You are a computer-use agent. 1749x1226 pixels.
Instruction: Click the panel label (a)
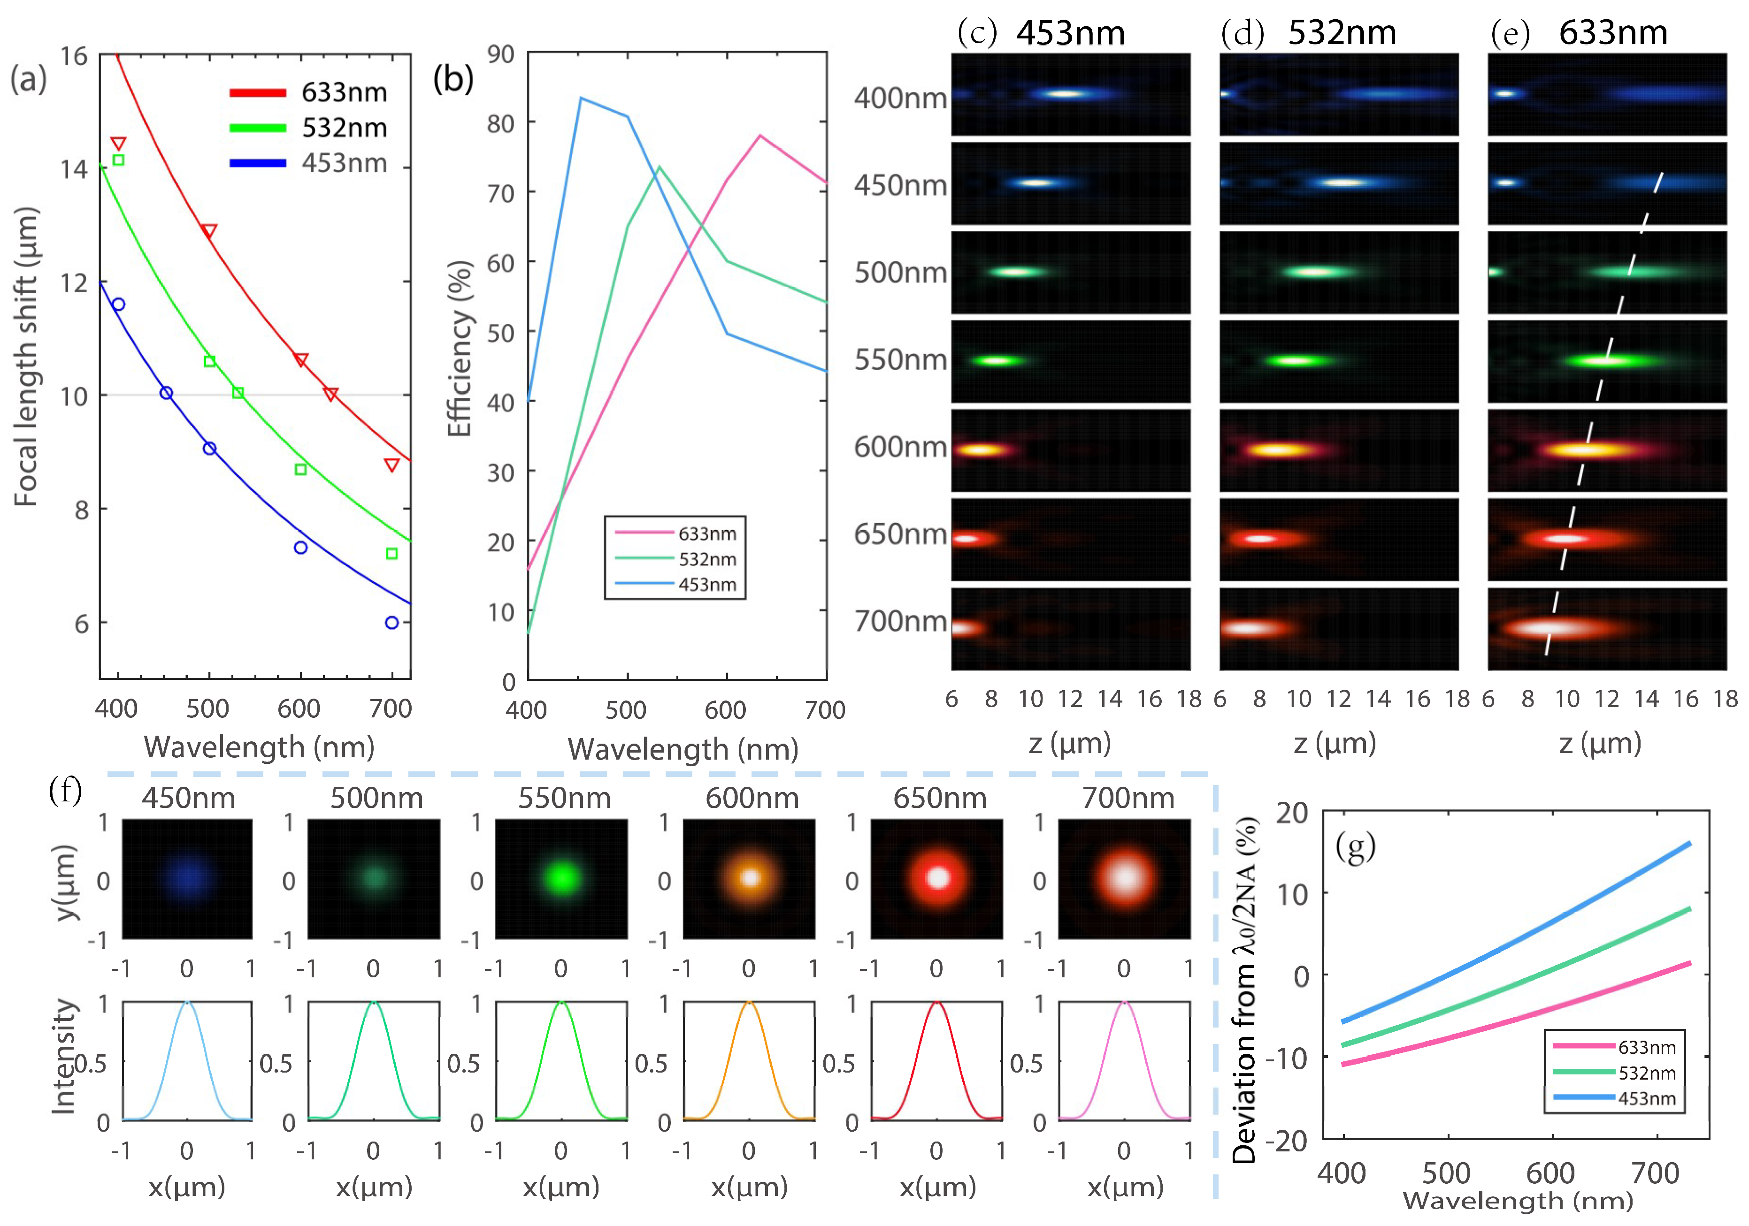point(28,78)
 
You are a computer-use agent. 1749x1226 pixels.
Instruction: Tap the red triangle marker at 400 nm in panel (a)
point(118,143)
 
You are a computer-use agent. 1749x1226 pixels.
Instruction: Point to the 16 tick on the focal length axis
point(74,55)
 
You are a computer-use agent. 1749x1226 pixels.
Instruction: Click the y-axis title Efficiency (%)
point(460,348)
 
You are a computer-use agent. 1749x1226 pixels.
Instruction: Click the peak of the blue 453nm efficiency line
point(581,98)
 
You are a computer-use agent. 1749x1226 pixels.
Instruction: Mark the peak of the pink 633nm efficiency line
point(759,136)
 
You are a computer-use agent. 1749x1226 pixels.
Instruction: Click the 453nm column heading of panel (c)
point(1070,33)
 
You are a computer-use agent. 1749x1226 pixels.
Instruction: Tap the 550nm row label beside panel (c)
point(900,359)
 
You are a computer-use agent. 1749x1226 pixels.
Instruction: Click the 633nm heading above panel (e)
point(1613,33)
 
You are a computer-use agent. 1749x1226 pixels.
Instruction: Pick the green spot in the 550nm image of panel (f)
point(561,877)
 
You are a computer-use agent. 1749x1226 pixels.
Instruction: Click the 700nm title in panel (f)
point(1128,798)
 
